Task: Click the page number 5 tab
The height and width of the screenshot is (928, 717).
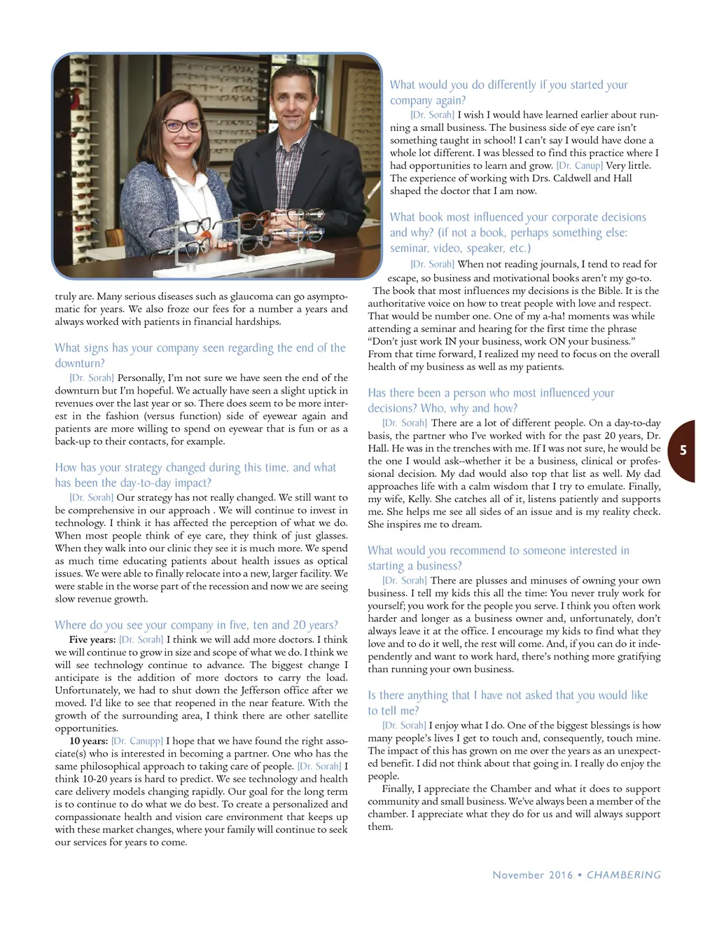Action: pyautogui.click(x=683, y=450)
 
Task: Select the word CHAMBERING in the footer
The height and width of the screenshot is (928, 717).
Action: pyautogui.click(x=623, y=875)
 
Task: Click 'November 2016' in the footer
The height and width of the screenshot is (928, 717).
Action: pyautogui.click(x=532, y=875)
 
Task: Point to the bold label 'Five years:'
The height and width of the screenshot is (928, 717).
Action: pyautogui.click(x=92, y=639)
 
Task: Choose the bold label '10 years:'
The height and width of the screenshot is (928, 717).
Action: pyautogui.click(x=88, y=741)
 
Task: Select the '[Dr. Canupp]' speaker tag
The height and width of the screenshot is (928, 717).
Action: pyautogui.click(x=137, y=741)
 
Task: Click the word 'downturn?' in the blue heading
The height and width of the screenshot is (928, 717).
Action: pyautogui.click(x=80, y=363)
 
